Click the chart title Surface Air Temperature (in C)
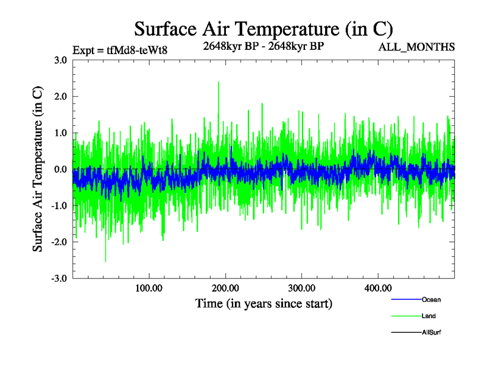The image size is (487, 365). tap(264, 29)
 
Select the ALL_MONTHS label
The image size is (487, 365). tap(417, 47)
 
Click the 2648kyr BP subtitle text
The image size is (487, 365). tap(263, 46)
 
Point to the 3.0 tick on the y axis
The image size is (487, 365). tap(60, 60)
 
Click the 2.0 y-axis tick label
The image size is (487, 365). tap(60, 96)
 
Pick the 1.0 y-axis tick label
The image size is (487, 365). tap(60, 133)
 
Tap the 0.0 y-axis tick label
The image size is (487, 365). tap(60, 169)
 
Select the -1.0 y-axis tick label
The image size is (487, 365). tap(58, 206)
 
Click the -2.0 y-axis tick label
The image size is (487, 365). tap(58, 242)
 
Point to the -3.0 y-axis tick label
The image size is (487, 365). tap(58, 279)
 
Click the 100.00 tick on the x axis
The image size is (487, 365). tap(149, 288)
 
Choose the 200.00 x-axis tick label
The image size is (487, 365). tap(225, 288)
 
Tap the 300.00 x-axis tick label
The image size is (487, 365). tap(301, 288)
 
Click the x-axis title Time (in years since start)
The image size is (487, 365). tap(264, 303)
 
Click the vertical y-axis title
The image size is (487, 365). tap(38, 169)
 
